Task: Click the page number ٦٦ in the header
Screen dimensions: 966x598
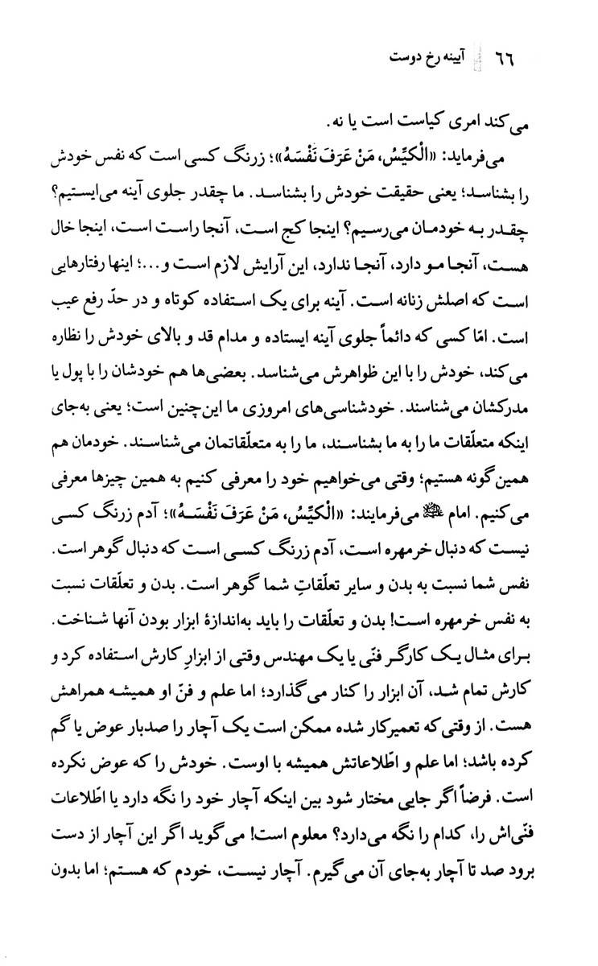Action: [505, 59]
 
